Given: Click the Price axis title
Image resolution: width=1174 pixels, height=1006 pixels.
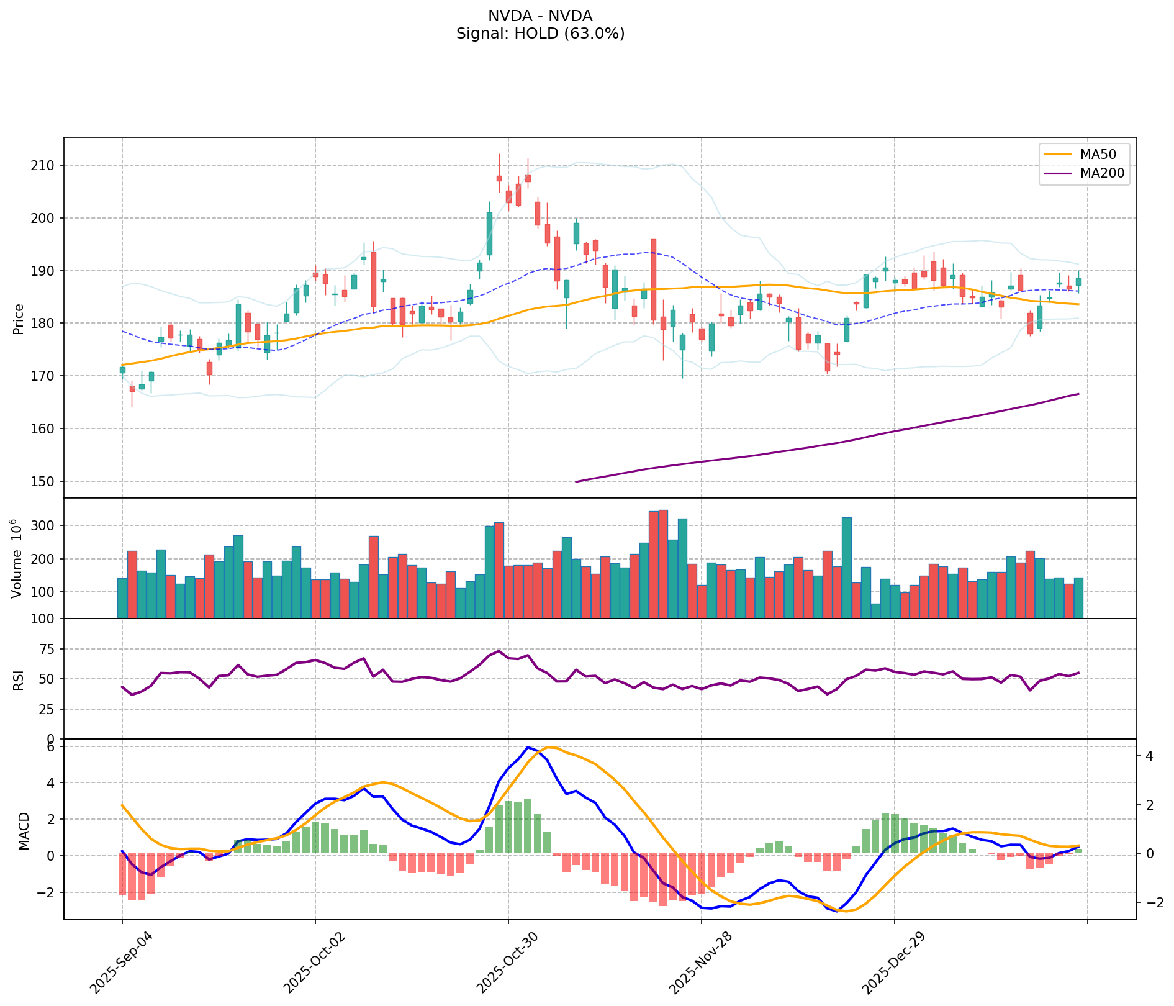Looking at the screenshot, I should pos(19,319).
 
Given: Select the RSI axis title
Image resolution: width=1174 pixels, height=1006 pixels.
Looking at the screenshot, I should pos(19,679).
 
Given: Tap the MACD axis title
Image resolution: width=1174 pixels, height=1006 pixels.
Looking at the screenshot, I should pos(24,831).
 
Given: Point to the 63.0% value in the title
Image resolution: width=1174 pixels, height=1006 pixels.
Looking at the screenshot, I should pos(593,34).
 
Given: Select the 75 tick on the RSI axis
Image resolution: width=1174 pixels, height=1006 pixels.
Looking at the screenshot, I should pos(48,650).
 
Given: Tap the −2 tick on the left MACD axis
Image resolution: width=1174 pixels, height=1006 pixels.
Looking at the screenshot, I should pos(45,892).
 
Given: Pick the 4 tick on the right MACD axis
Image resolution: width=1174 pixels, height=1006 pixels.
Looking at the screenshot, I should pos(1150,756).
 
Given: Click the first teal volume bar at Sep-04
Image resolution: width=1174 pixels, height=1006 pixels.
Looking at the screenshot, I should pos(122,598).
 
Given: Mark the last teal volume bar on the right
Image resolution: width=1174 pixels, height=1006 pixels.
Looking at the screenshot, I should pos(1078,598).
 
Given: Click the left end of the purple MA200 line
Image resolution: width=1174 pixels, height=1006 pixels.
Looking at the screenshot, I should pos(576,481).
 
